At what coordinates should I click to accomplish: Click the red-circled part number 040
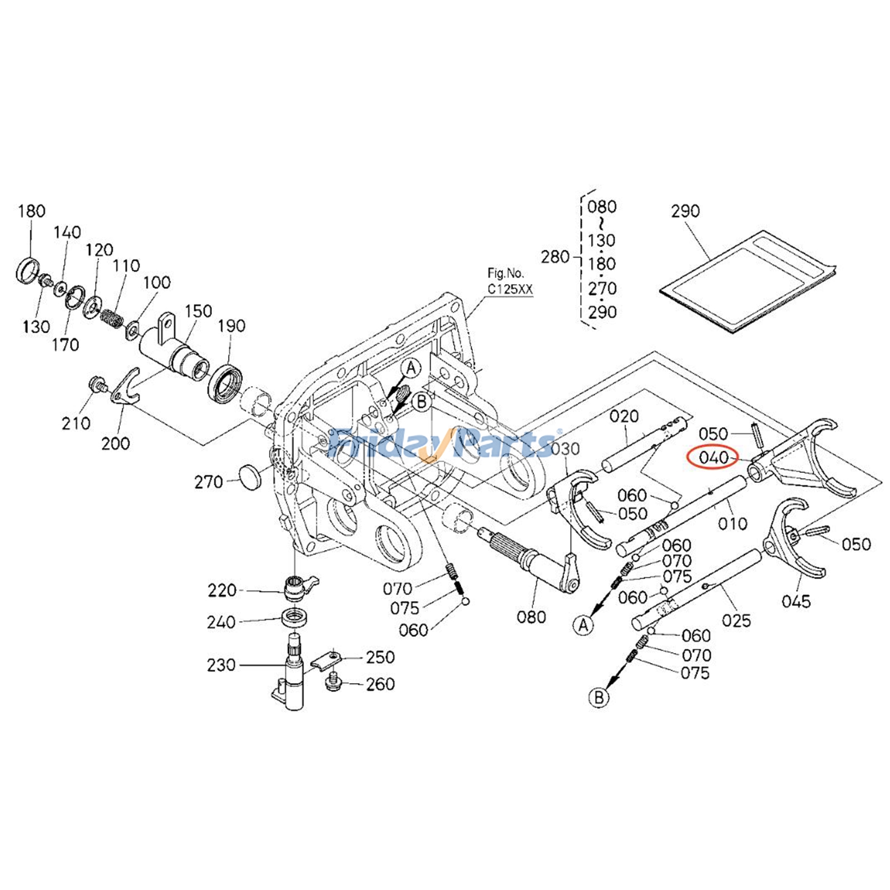[x=713, y=458]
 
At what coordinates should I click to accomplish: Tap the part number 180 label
[x=31, y=211]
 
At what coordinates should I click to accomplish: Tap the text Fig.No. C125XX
[x=510, y=281]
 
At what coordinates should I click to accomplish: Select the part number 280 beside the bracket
[x=555, y=257]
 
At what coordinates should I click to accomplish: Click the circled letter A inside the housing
[x=411, y=369]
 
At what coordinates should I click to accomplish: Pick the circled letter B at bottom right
[x=599, y=697]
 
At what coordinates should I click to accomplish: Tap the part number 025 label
[x=736, y=620]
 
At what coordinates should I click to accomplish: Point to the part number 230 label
[x=221, y=665]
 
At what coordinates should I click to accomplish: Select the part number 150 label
[x=198, y=311]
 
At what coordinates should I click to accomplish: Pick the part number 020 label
[x=624, y=416]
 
